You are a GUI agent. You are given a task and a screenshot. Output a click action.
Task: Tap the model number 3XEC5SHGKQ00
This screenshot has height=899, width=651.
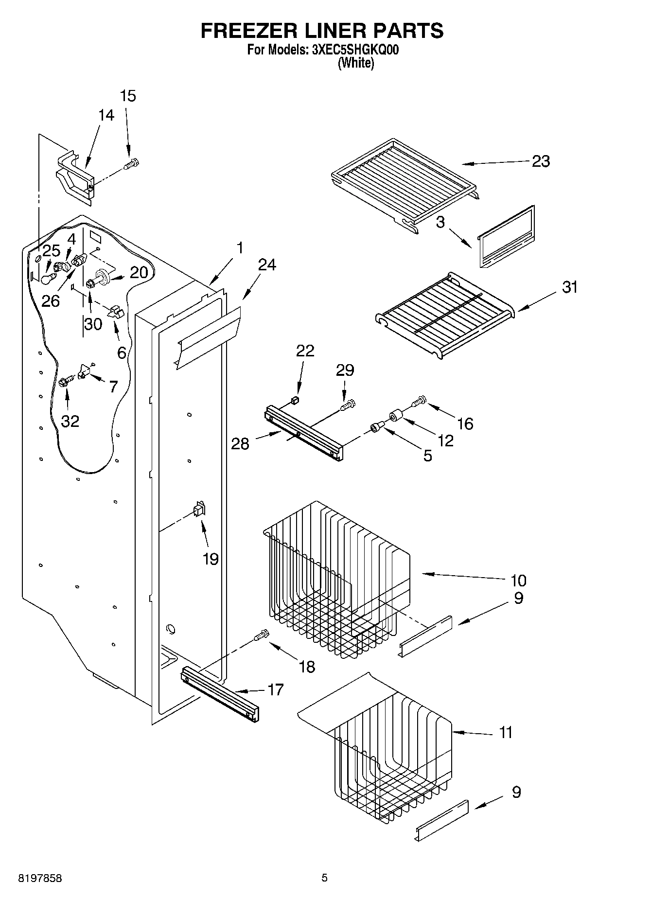[x=354, y=50]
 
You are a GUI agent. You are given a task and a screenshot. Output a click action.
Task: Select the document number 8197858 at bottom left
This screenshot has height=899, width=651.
[x=40, y=878]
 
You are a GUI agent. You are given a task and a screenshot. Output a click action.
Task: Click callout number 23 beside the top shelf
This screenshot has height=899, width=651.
[x=541, y=161]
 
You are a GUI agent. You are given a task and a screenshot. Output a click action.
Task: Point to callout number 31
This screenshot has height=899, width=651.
[x=570, y=287]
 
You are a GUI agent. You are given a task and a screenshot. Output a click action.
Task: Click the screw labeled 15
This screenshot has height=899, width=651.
[x=132, y=164]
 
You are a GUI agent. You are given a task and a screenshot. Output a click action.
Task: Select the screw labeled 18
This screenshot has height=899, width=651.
[x=262, y=635]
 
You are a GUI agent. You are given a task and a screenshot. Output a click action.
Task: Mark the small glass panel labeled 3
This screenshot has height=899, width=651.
[x=506, y=237]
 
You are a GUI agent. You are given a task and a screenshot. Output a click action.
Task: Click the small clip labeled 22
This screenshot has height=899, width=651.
[x=294, y=400]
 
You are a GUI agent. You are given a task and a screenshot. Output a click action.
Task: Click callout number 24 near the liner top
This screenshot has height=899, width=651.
[x=266, y=265]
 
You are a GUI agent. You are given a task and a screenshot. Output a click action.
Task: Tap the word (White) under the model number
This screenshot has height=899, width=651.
[x=356, y=63]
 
